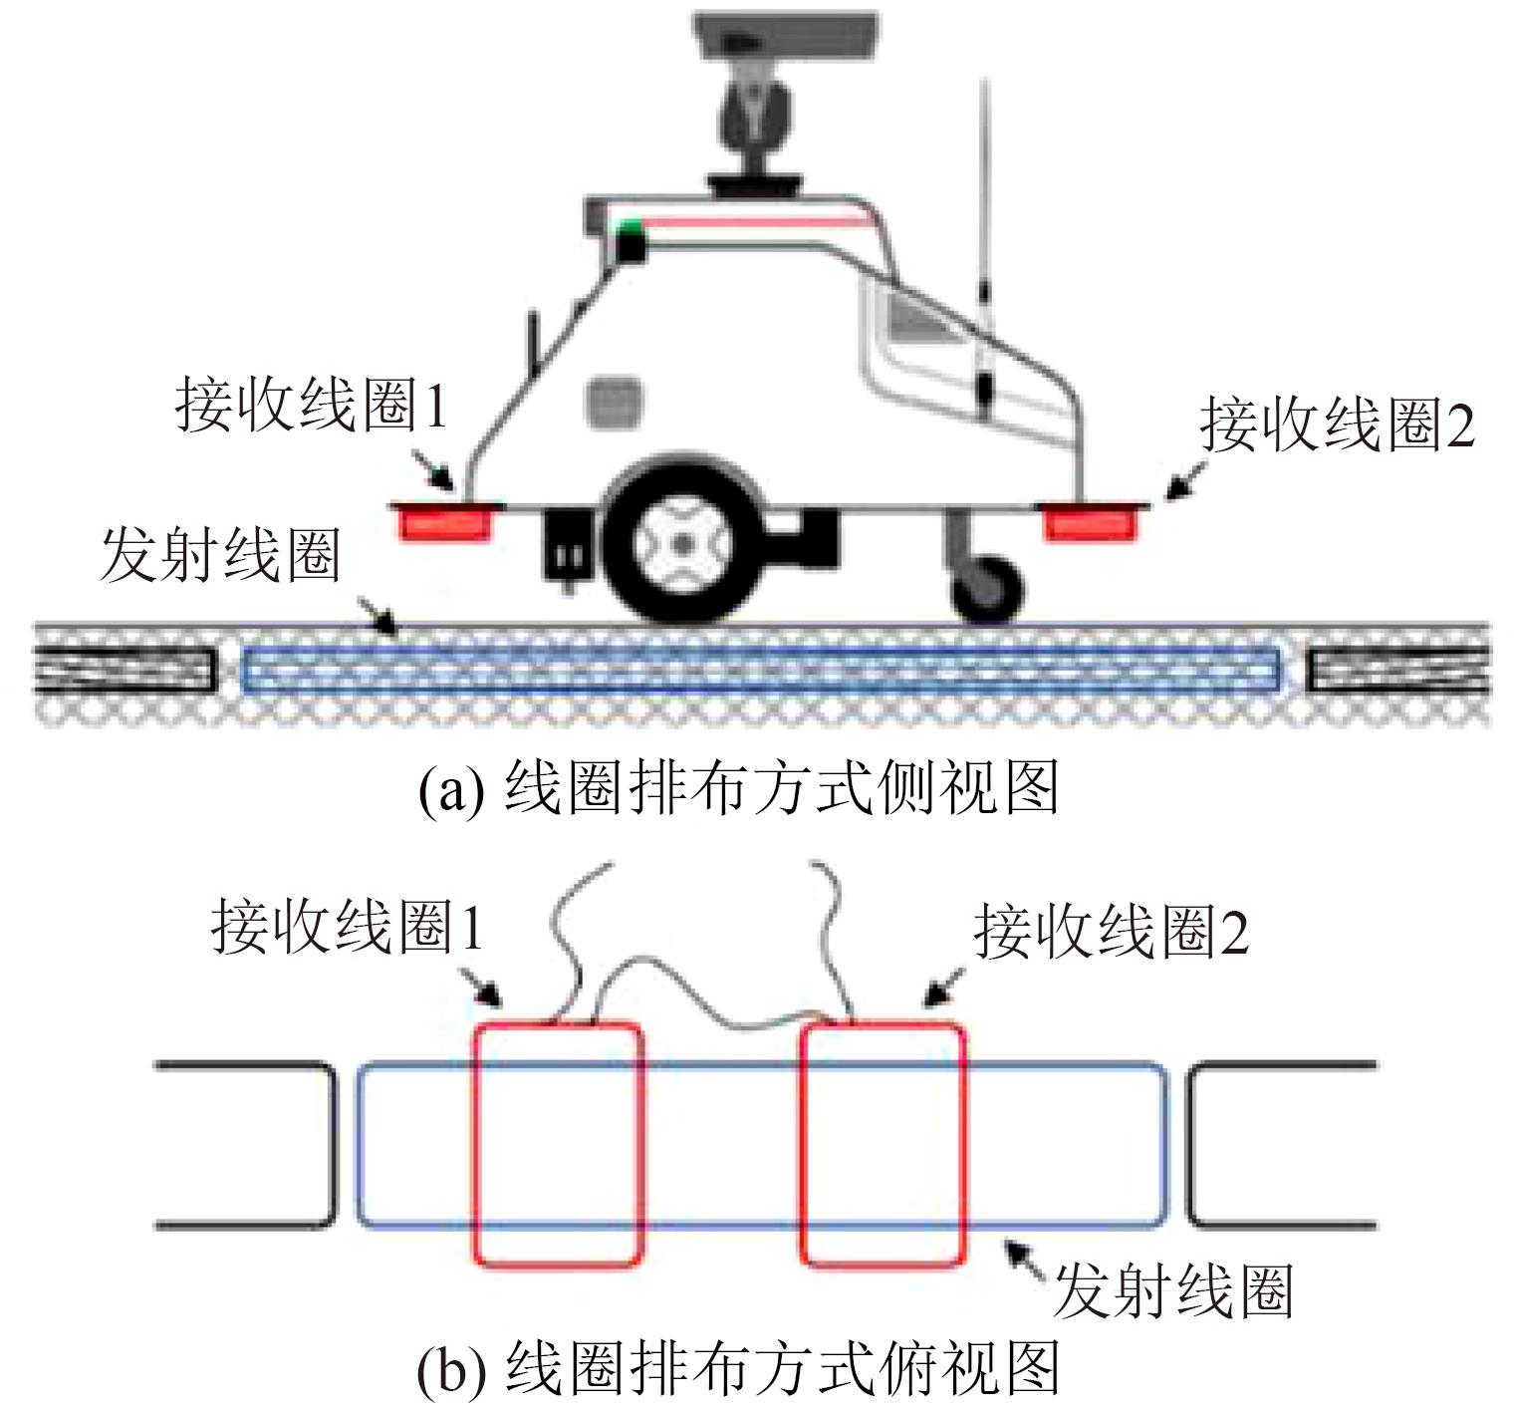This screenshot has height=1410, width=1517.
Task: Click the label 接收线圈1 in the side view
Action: coord(311,406)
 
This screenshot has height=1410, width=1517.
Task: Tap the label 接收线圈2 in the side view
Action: coord(1336,425)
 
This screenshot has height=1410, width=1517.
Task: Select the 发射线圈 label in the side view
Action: coord(220,555)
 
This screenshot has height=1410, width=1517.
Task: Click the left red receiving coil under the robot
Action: coord(445,521)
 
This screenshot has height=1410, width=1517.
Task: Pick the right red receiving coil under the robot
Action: coord(1090,521)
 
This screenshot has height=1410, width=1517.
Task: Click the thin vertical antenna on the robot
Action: coord(984,249)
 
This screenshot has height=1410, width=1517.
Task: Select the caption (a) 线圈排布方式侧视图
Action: coord(737,788)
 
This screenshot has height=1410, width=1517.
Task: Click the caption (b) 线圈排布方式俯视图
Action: coord(737,1368)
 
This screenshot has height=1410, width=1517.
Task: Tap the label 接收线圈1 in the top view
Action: coord(347,927)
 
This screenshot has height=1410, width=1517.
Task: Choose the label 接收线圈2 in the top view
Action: coord(1111,932)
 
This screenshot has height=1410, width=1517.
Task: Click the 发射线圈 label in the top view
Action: coord(1172,1290)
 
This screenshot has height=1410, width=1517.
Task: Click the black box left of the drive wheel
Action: coord(568,546)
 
